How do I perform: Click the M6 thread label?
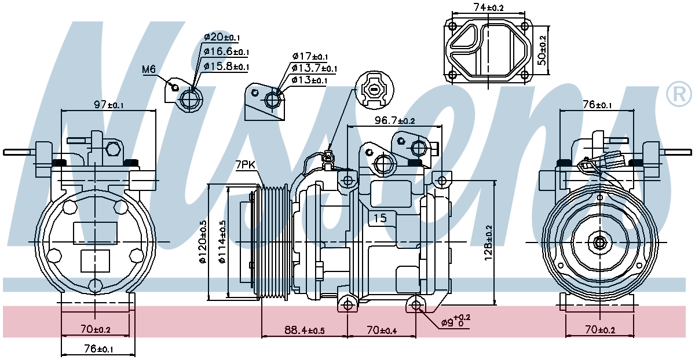149,69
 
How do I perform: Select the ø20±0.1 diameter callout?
222,37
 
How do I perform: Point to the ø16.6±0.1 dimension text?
226,52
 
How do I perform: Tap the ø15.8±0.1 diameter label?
226,66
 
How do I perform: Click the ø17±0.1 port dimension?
310,57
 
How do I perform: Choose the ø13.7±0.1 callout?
314,68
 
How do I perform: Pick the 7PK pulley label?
245,165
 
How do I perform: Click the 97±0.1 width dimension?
109,105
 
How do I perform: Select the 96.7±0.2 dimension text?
394,120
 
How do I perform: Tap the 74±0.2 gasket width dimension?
488,8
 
